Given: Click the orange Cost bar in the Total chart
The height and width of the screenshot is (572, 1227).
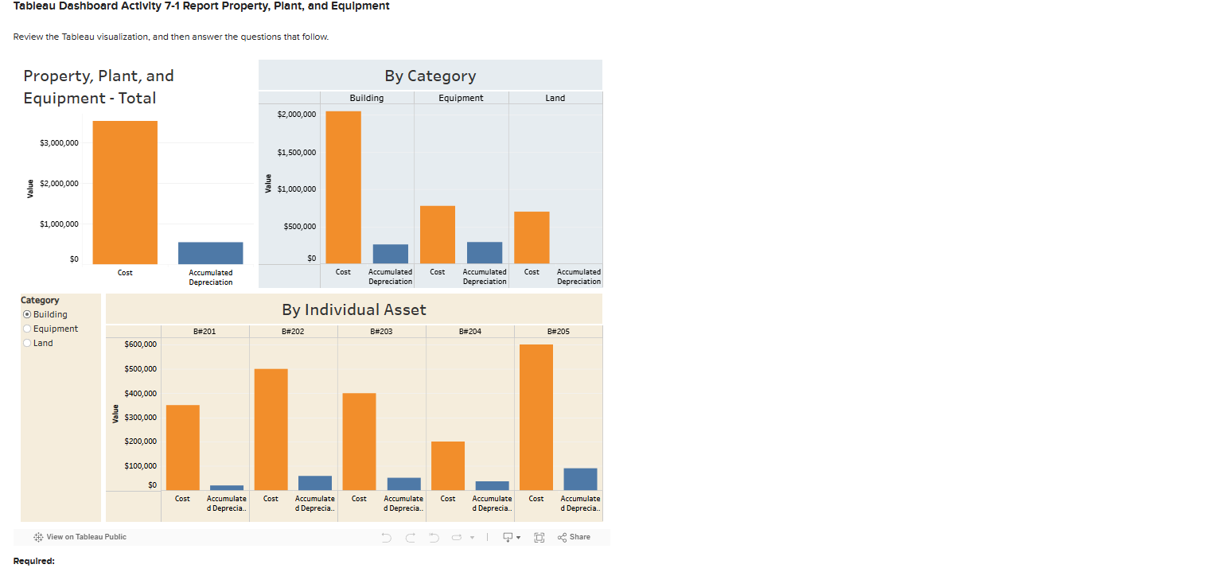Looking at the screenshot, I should coord(125,193).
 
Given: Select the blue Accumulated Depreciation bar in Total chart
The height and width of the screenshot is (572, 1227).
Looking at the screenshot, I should coord(210,253).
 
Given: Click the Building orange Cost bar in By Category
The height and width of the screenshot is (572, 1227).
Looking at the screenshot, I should coord(343,187).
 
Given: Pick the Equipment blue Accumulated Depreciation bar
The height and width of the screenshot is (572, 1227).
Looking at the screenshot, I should coord(484,253).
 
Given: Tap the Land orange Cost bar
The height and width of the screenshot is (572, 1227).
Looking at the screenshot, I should coord(532,237).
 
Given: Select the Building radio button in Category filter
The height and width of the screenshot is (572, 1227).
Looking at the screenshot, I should coord(27,314).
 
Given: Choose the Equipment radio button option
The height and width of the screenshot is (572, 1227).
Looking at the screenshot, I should coord(27,329).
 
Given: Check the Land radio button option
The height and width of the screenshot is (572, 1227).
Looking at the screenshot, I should coord(27,343).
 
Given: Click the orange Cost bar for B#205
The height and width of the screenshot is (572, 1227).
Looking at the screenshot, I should coord(536,417).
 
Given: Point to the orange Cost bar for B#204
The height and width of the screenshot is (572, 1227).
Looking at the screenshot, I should coord(447,465).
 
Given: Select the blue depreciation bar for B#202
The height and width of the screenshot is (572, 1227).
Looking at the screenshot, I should coord(314,483).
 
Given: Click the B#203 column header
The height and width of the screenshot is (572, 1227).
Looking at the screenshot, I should coord(381,331).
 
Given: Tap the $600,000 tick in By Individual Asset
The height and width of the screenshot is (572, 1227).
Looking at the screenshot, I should coord(141,344).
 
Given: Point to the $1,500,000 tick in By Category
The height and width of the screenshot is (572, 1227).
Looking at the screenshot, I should coord(296,152).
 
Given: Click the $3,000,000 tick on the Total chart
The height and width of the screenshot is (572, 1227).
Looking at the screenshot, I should coord(59,143).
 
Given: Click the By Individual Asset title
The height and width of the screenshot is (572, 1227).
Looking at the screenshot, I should coord(353,309).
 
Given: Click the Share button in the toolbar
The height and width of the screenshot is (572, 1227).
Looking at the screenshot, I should coord(574,537).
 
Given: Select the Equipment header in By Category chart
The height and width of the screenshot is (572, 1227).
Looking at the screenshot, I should coord(461,98).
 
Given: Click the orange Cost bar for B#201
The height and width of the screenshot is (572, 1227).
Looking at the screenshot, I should coord(182,447).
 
